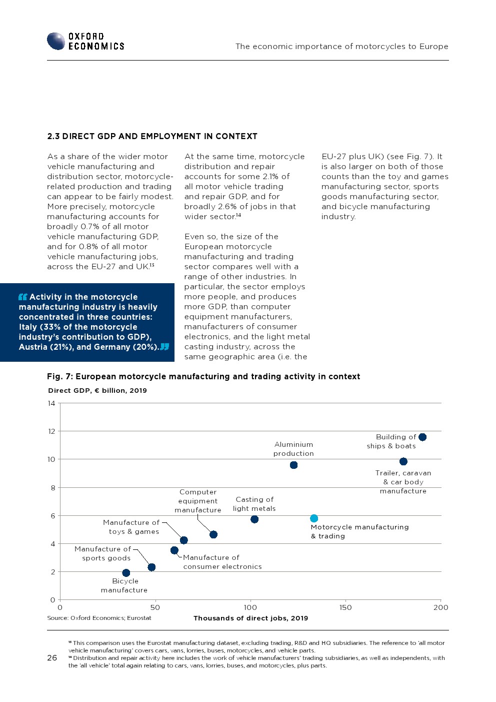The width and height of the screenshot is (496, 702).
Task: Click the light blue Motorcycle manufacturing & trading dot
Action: click(x=314, y=518)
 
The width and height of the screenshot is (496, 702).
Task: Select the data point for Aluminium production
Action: click(x=293, y=465)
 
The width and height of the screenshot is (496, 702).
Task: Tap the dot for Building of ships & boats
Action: click(x=422, y=437)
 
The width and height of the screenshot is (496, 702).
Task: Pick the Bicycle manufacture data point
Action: click(x=126, y=573)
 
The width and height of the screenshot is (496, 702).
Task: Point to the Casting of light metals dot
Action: click(x=254, y=519)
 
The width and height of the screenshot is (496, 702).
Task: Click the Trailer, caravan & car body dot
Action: click(x=403, y=461)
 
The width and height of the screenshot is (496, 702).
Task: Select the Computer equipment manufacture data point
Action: click(x=213, y=534)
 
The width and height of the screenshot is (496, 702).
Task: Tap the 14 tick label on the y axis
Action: click(x=51, y=403)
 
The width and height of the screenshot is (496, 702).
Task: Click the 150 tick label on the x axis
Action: click(x=345, y=607)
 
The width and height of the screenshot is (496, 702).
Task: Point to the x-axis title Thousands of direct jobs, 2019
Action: click(x=250, y=618)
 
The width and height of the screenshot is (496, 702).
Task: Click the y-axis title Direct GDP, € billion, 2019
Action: click(x=97, y=390)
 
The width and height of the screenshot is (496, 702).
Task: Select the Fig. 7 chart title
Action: click(x=203, y=376)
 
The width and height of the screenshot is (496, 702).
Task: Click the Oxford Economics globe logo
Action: click(x=56, y=41)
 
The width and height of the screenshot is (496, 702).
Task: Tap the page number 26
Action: click(x=52, y=657)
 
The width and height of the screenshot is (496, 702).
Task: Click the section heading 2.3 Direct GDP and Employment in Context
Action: click(x=152, y=136)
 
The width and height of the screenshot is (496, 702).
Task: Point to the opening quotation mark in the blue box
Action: click(x=22, y=297)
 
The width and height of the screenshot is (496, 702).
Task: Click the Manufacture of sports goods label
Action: click(x=103, y=553)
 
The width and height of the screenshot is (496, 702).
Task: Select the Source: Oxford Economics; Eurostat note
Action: click(x=99, y=618)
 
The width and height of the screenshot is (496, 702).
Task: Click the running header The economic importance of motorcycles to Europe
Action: click(x=341, y=47)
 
